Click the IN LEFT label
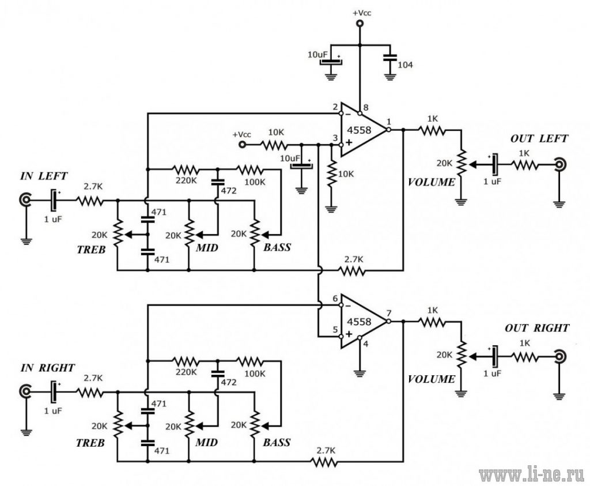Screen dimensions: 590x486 coord(44,176)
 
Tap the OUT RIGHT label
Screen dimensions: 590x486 coord(537,328)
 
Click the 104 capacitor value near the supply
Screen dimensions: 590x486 coord(405,65)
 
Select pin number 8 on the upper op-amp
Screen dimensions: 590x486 coord(366,107)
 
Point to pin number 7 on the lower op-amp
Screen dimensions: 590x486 coord(389,313)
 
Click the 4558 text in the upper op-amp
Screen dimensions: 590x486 coord(359,130)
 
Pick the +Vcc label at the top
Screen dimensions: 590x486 coord(362,13)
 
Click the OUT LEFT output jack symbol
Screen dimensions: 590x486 coord(560,164)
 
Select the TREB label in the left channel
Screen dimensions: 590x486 coord(91,250)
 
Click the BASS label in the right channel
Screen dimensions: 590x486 coord(277,442)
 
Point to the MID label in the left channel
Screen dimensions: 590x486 coord(207,248)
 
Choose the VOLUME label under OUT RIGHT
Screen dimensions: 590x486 coord(432,379)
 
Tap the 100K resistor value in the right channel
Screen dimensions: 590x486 coord(255,374)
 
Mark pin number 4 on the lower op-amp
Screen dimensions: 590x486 coord(366,344)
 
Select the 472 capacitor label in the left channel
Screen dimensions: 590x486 coord(228,190)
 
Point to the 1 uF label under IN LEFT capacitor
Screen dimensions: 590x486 coord(53,220)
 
